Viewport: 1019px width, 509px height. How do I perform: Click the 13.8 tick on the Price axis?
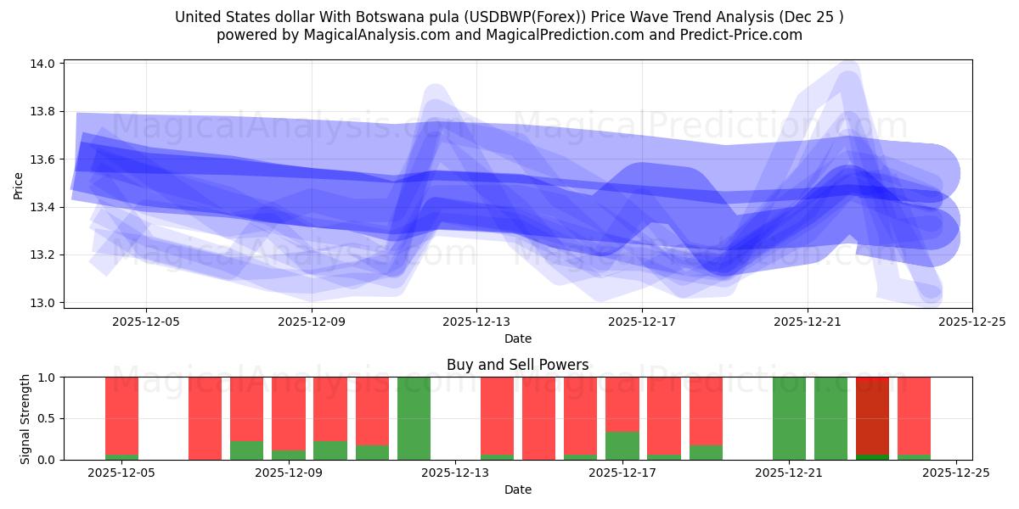click(x=43, y=111)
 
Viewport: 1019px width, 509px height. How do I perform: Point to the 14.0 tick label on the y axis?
click(x=43, y=64)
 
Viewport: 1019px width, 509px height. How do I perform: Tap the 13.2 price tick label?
click(x=43, y=255)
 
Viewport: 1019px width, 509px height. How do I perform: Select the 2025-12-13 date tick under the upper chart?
click(x=476, y=322)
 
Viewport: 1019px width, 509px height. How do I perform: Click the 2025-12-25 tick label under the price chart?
click(x=972, y=322)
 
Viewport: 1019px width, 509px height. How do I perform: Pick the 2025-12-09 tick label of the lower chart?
click(x=289, y=473)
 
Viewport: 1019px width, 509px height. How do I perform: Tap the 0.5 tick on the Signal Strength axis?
click(x=47, y=418)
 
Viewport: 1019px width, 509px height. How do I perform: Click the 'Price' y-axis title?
click(x=19, y=185)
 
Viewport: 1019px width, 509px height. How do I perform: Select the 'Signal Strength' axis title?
click(x=25, y=418)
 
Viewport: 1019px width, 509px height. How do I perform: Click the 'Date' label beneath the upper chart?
click(x=518, y=338)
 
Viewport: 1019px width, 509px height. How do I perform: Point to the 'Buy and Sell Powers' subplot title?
click(x=518, y=365)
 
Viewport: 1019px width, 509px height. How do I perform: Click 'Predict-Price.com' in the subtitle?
click(x=744, y=35)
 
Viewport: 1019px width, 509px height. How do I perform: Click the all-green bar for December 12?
click(x=414, y=418)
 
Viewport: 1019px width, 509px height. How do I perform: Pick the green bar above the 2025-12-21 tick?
click(x=789, y=418)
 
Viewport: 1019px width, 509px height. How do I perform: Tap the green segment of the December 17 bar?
click(x=622, y=446)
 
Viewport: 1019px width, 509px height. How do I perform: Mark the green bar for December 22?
click(x=830, y=418)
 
